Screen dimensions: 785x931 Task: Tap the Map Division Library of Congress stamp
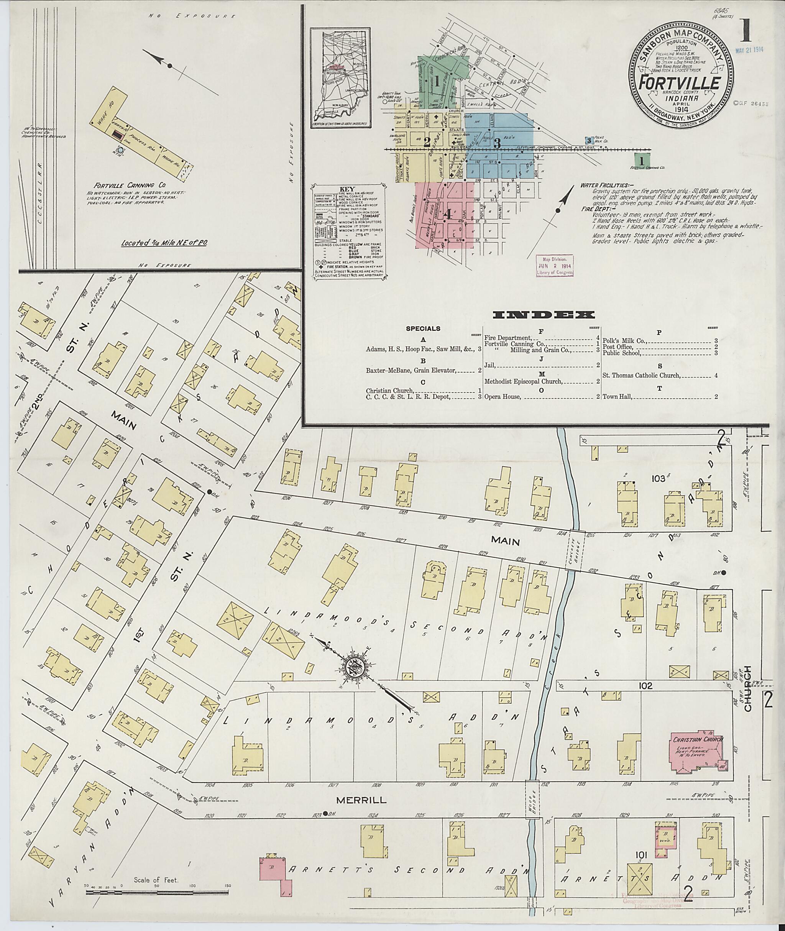[x=555, y=266]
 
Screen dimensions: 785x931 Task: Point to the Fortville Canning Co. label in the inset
[x=123, y=186]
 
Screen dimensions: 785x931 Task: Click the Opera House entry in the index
[x=502, y=396]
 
